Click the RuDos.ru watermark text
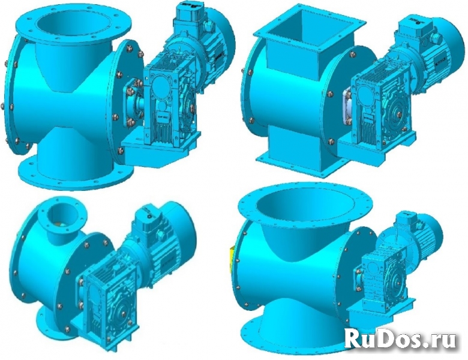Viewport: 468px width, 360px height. [x=401, y=339]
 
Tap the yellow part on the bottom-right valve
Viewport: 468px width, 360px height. [x=232, y=259]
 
